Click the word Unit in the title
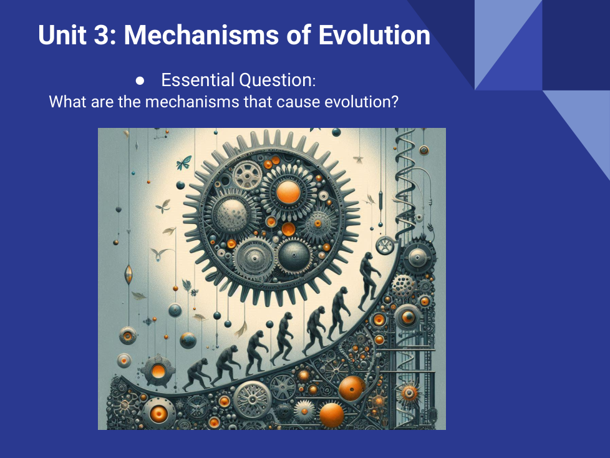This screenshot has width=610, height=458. coord(62,35)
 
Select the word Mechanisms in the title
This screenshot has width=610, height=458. coord(201,35)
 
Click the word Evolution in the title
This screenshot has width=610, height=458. coord(374,35)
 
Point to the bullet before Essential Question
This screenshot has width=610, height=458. coord(140,80)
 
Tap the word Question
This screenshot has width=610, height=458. coord(277,80)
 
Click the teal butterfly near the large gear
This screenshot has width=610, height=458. coord(184,163)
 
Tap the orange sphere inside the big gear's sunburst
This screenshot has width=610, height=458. coord(288,192)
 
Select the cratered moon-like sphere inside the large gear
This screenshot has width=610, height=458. coord(233,214)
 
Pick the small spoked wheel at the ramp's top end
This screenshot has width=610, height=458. coord(385,246)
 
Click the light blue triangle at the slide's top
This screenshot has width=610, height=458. coord(508,45)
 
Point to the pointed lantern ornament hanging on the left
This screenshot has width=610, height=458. coord(128,275)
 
